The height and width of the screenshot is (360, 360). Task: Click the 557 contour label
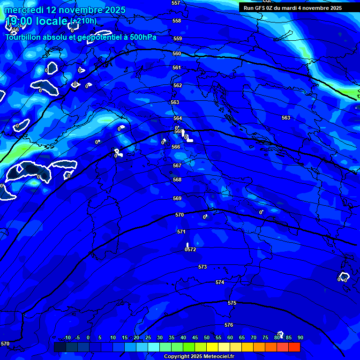tap(176, 3)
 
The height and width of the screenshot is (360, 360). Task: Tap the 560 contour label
tap(177, 54)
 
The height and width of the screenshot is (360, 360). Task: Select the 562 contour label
tap(178, 86)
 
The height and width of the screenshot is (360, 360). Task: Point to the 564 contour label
tap(178, 119)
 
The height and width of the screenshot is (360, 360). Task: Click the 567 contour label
tap(177, 165)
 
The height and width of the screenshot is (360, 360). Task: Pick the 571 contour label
tap(181, 232)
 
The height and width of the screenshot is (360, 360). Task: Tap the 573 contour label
tap(202, 267)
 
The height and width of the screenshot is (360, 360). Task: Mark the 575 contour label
tap(232, 303)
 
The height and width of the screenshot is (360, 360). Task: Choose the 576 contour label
tap(229, 325)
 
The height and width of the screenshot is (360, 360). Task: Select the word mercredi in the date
tap(22, 10)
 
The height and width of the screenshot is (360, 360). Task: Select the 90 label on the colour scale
tap(300, 337)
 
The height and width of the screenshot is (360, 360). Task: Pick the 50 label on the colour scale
tap(207, 337)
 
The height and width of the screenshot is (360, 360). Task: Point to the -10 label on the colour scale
tap(67, 337)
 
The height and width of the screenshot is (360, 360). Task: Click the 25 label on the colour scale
tap(148, 337)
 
